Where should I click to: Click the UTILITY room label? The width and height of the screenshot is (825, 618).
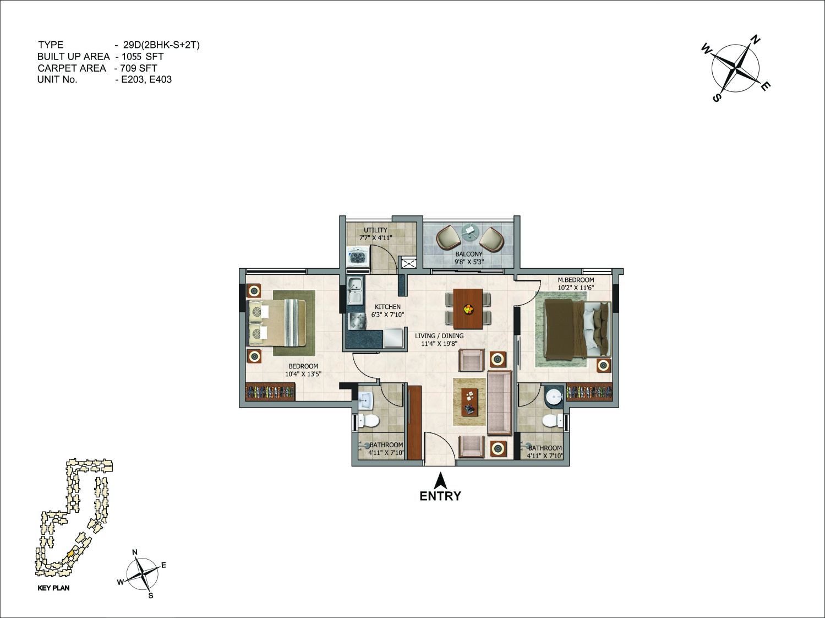pyautogui.click(x=375, y=230)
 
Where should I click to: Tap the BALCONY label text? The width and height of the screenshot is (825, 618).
pyautogui.click(x=469, y=254)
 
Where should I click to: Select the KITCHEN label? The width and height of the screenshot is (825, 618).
pyautogui.click(x=387, y=307)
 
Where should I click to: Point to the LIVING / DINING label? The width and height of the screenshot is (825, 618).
pyautogui.click(x=439, y=336)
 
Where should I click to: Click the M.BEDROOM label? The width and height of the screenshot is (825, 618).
pyautogui.click(x=576, y=280)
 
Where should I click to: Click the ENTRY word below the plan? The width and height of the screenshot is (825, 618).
pyautogui.click(x=440, y=496)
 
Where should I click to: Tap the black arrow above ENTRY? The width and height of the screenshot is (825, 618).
pyautogui.click(x=440, y=481)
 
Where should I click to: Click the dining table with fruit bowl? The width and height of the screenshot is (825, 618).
pyautogui.click(x=468, y=309)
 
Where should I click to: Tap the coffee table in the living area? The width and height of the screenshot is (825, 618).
pyautogui.click(x=469, y=402)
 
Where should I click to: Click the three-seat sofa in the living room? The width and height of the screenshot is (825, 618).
pyautogui.click(x=500, y=403)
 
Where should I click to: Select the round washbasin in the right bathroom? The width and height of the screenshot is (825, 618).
pyautogui.click(x=554, y=397)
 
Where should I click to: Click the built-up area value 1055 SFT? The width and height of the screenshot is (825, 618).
pyautogui.click(x=145, y=56)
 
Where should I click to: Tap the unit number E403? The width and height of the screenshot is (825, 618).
pyautogui.click(x=161, y=79)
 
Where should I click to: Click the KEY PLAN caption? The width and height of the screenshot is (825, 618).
pyautogui.click(x=53, y=588)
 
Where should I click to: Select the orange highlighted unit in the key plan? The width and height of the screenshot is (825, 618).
pyautogui.click(x=70, y=554)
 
